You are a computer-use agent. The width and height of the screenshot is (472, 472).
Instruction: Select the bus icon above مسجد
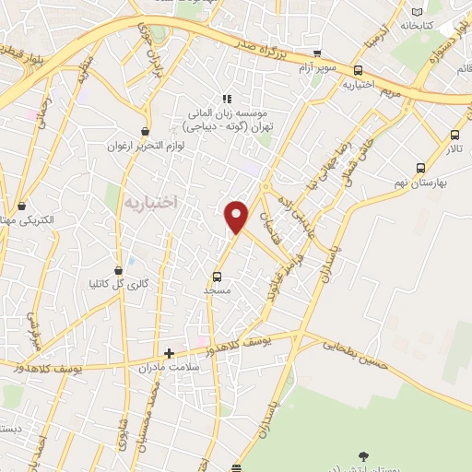point(218,276)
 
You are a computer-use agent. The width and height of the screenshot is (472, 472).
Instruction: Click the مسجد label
point(218,290)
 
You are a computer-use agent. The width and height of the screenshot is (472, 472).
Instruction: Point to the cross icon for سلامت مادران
point(169,352)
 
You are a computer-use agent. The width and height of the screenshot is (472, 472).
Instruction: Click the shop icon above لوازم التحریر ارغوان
point(146,132)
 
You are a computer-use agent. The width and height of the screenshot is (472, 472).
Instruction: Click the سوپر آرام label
point(317,68)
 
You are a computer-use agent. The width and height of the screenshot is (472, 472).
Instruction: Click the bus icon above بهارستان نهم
point(421,168)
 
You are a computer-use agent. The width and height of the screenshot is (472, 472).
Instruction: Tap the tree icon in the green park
point(363,456)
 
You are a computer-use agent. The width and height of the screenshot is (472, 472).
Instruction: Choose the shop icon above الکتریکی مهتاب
point(22,206)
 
